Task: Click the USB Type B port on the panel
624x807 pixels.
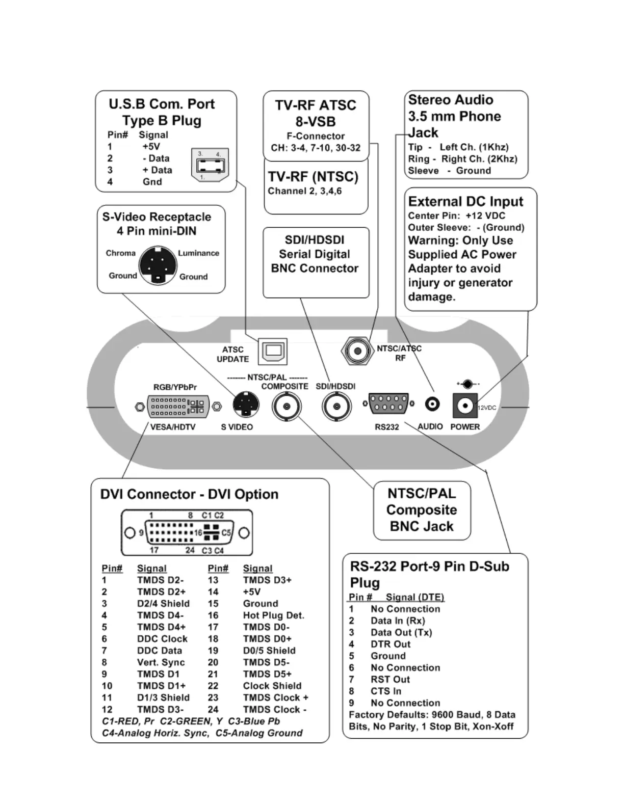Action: (x=273, y=351)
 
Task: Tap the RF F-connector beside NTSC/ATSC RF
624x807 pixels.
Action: (x=357, y=351)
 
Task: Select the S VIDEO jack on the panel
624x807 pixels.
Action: (x=246, y=406)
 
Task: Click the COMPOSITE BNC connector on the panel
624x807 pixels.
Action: (x=287, y=407)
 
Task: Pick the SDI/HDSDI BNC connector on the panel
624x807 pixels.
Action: (x=336, y=407)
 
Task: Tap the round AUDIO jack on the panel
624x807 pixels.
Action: (x=432, y=405)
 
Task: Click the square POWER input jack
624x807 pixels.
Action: (x=464, y=406)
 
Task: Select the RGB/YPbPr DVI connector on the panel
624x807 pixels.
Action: (x=178, y=406)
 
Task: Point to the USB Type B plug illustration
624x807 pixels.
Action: (x=210, y=165)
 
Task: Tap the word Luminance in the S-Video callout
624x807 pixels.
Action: (x=198, y=253)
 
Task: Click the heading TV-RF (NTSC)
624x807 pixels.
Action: (x=313, y=177)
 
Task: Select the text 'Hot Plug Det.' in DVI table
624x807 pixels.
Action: (x=273, y=615)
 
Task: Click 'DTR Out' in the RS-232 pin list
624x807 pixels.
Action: (x=391, y=644)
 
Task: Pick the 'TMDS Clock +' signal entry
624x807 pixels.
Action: (x=275, y=697)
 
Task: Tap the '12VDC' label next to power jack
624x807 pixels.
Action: (x=487, y=408)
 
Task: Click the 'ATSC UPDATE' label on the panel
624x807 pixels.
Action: (x=233, y=354)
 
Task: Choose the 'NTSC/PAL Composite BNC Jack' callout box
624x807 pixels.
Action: (x=422, y=510)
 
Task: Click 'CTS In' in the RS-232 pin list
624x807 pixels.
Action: (x=386, y=691)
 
